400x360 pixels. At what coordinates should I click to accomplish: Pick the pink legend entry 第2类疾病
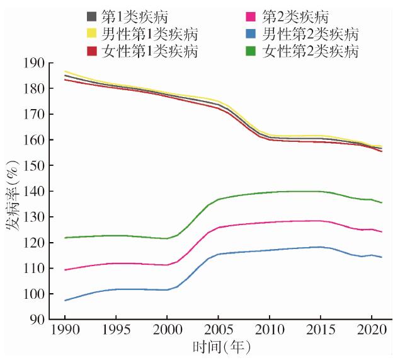[297, 16]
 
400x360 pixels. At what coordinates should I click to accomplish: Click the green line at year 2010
[269, 192]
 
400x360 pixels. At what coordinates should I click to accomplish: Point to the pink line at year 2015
[320, 221]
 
